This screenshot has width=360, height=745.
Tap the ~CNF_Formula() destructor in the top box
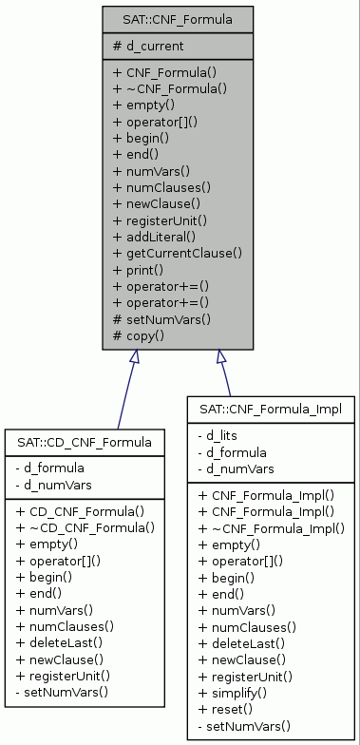coord(170,88)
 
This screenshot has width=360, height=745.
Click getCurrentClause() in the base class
coord(178,253)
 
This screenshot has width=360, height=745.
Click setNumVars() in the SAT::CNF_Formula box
coord(161,318)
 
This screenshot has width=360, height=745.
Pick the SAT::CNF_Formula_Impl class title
coord(271,409)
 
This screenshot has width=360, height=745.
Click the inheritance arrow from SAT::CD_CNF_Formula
coord(125,390)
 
